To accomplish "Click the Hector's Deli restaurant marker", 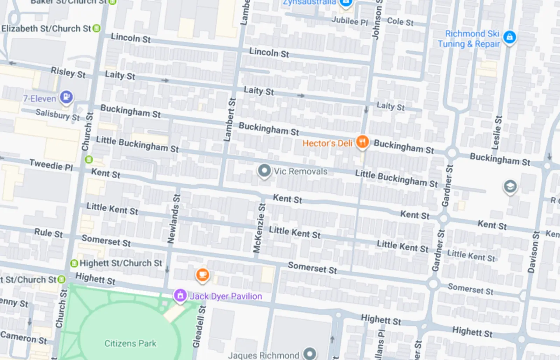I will (x=362, y=142).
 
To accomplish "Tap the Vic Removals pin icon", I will (x=264, y=171).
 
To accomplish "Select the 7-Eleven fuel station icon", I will (x=66, y=97).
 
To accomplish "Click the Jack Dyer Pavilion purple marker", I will (x=180, y=296).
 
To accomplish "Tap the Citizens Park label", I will (x=130, y=343).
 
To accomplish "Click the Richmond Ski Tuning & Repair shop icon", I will (x=509, y=37).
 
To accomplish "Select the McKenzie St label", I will (x=259, y=228).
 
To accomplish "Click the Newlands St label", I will (x=174, y=219).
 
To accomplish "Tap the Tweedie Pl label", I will (x=51, y=165).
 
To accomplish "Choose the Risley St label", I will (x=68, y=72).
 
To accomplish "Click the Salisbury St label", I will (x=58, y=114).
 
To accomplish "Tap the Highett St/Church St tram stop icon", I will (x=74, y=263).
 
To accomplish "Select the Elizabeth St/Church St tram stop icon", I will (x=97, y=28).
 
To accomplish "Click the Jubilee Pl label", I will (x=350, y=21).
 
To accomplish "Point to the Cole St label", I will (x=400, y=22).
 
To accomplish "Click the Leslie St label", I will (x=497, y=133).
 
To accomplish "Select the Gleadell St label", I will (x=198, y=326).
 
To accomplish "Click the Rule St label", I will (x=48, y=233).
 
